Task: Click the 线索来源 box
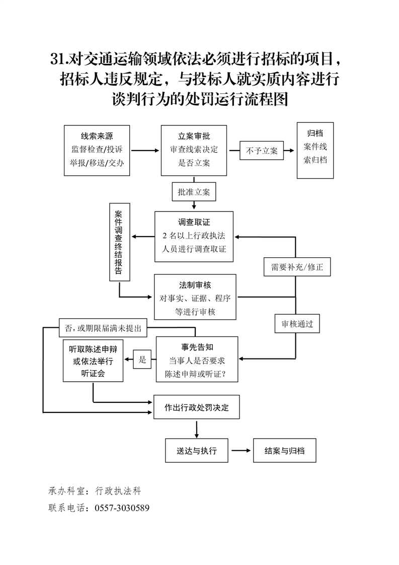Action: tap(97, 150)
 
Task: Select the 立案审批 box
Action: tap(194, 150)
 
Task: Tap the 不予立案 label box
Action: tap(261, 150)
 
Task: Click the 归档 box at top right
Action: tap(315, 150)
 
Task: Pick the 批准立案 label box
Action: tap(194, 192)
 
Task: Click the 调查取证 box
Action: tap(194, 236)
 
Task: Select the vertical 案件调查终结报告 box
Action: tap(120, 242)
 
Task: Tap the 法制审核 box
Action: tap(195, 297)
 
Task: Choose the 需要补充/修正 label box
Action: tap(297, 267)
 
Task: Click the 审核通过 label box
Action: tap(297, 324)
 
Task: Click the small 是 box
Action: tap(142, 360)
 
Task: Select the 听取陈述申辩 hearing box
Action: tap(93, 361)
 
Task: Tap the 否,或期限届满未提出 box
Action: tap(103, 328)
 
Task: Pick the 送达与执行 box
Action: tap(197, 451)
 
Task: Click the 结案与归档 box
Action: tap(285, 451)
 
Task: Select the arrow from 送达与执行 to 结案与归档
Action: tap(241, 451)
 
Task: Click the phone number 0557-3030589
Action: tap(121, 508)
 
